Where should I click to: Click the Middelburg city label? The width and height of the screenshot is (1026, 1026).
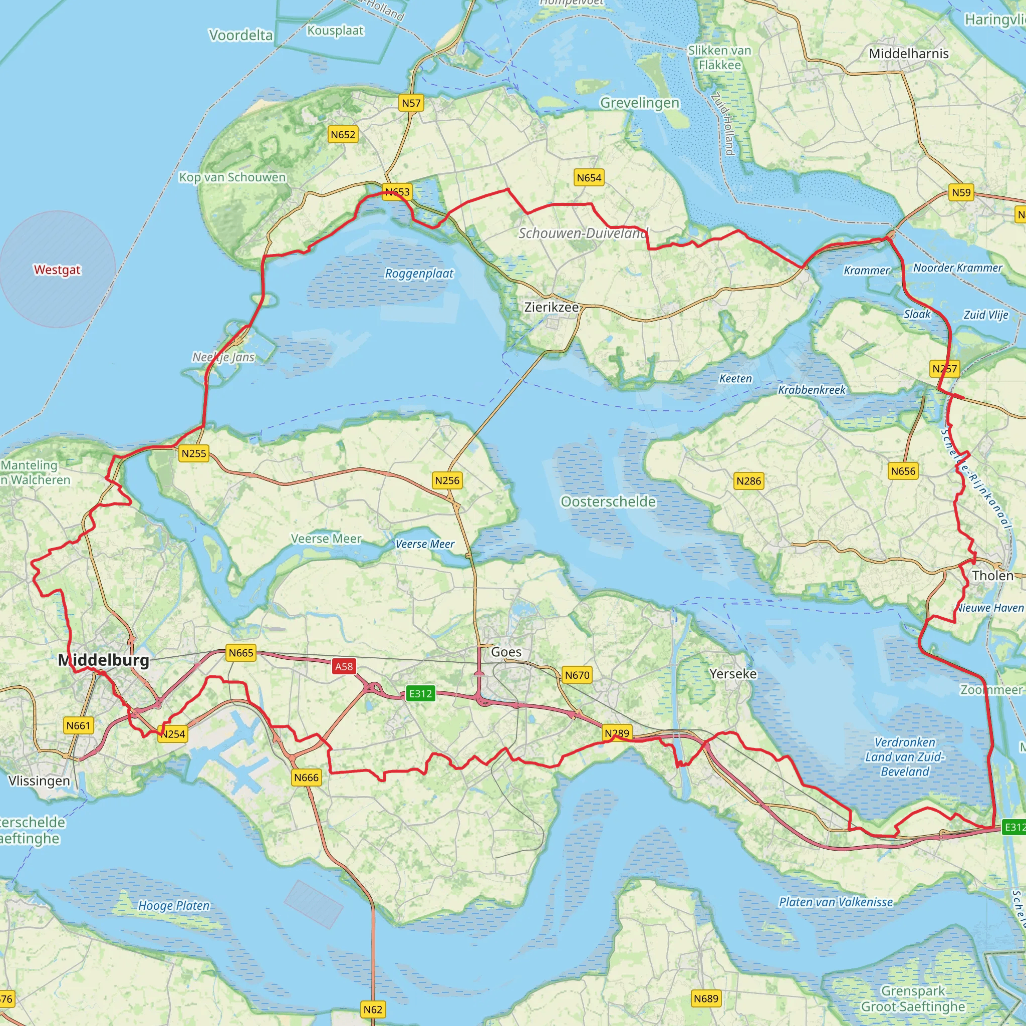tap(104, 660)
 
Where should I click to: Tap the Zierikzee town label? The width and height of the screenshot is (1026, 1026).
tap(551, 307)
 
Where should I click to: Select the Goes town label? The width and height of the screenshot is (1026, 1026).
tap(506, 652)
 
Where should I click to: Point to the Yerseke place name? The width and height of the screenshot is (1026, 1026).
tap(733, 673)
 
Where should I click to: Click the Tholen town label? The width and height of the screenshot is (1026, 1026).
tap(992, 575)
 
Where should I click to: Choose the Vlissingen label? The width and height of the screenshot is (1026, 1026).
tap(39, 781)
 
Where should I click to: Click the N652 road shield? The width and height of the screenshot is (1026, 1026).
tap(343, 134)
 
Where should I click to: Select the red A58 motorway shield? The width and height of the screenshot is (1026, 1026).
tap(344, 666)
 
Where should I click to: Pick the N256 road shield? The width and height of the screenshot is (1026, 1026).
tap(447, 480)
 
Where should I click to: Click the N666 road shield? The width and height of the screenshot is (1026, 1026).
tap(307, 778)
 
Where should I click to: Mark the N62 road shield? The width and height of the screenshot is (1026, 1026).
tap(373, 1009)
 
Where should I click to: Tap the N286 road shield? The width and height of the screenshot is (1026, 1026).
tap(748, 480)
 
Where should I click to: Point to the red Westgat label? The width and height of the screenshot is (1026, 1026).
tap(57, 270)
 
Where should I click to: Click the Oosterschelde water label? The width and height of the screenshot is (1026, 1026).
tap(608, 501)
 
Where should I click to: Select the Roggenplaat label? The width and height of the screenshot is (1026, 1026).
tap(419, 274)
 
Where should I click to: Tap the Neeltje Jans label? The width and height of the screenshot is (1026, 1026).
tap(223, 357)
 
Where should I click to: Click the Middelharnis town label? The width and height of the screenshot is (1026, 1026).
tap(909, 53)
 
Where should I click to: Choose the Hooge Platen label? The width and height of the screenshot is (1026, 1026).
tap(174, 905)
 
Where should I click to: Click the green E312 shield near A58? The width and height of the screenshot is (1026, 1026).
tap(420, 693)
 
